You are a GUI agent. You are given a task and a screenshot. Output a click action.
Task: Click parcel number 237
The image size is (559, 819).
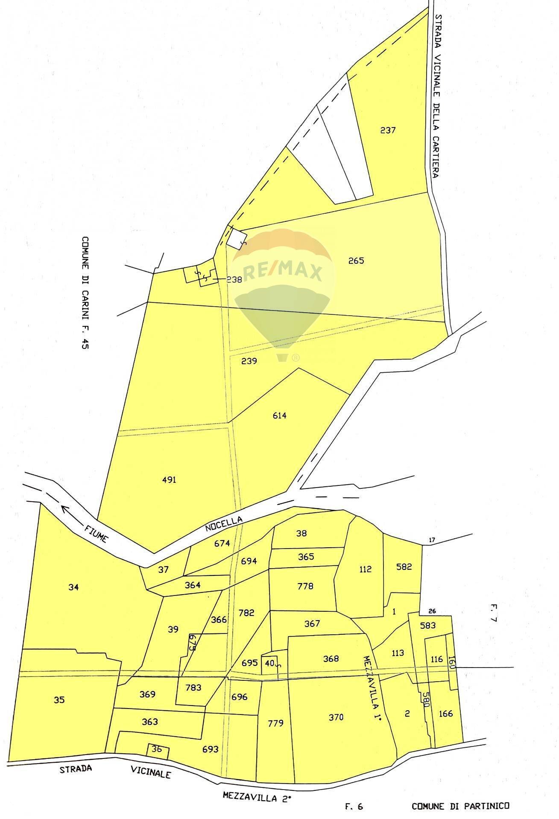coord(388,131)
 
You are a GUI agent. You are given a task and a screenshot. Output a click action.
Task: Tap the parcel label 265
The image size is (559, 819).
coord(356,261)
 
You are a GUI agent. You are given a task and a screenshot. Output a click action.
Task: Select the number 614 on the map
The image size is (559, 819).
coord(280,415)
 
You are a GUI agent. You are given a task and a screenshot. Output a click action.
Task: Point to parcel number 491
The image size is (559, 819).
coord(170,480)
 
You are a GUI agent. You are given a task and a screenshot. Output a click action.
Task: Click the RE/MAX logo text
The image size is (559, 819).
coord(282,272)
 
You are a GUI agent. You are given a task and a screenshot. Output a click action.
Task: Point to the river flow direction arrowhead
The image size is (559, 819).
coord(65,508)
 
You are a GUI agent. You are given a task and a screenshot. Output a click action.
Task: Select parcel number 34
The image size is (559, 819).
coord(73,587)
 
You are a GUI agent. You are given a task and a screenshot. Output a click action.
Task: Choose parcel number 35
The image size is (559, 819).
coord(59,700)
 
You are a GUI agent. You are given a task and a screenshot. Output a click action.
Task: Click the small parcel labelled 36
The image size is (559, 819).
coord(157,749)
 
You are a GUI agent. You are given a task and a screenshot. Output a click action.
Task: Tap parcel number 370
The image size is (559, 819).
coord(336,717)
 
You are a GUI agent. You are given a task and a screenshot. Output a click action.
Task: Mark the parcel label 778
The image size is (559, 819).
coord(305,586)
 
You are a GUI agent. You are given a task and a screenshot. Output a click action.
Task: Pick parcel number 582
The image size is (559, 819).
coord(404,567)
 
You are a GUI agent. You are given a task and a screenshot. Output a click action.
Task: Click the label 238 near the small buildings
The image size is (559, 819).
coord(234,280)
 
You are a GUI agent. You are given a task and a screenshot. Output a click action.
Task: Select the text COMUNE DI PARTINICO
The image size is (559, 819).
coord(460,806)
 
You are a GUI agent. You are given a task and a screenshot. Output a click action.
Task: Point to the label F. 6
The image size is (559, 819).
coord(354,806)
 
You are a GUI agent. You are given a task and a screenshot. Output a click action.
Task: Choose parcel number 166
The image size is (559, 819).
coord(446,714)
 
